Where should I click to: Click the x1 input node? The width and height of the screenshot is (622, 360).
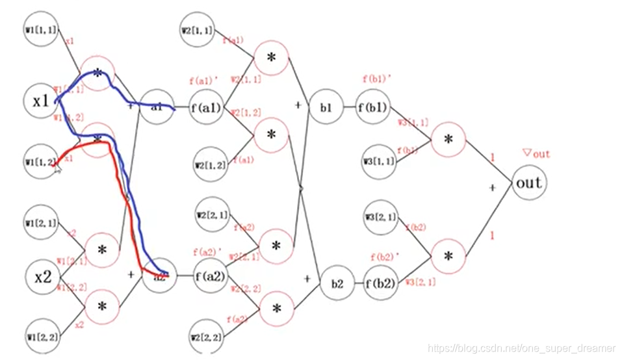42,101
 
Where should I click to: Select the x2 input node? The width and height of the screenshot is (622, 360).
43,277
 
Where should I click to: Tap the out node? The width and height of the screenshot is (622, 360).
528,183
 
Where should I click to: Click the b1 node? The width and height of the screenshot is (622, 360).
326,108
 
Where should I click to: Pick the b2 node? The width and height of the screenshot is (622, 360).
337,284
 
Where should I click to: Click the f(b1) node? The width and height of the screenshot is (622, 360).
372,108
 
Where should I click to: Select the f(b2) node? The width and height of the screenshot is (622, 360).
380,284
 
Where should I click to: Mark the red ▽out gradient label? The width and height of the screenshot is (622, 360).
536,154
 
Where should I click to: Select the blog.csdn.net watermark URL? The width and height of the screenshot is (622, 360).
523,349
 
